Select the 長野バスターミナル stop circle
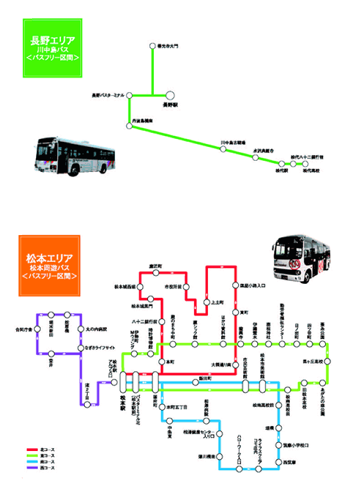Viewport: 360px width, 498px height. pyautogui.click(x=129, y=95)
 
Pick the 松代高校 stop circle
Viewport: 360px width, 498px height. pyautogui.click(x=305, y=164)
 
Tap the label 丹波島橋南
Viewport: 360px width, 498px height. pyautogui.click(x=143, y=120)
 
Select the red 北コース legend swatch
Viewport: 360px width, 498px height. pyautogui.click(x=33, y=450)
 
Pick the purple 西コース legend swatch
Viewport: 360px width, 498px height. pyautogui.click(x=33, y=467)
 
